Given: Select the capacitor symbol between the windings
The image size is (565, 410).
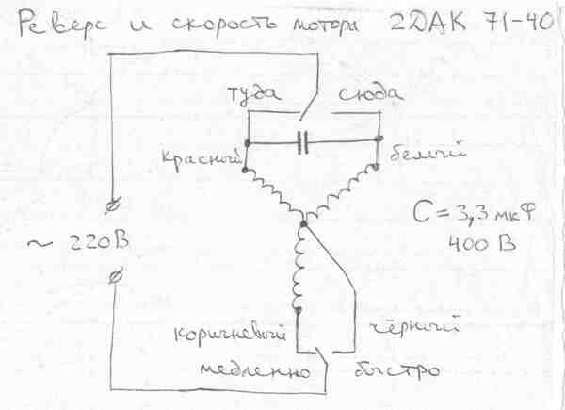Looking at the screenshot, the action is pyautogui.click(x=303, y=143).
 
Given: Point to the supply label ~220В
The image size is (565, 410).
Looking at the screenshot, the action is pyautogui.click(x=80, y=245).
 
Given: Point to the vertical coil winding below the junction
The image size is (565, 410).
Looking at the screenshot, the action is pyautogui.click(x=301, y=269).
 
